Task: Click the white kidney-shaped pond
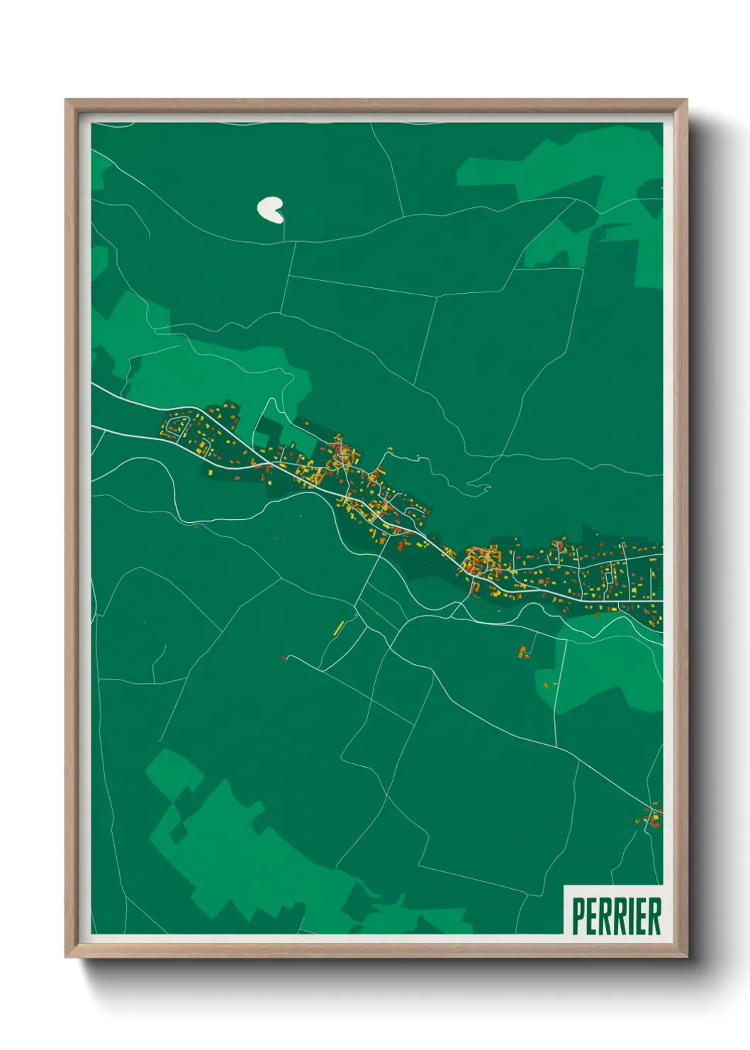point(269,209)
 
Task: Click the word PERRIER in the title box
point(615,917)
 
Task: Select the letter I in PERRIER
point(629,917)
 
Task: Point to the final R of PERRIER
point(654,917)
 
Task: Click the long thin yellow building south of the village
point(339,627)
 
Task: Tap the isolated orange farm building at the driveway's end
point(525,652)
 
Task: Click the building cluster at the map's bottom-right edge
point(653,817)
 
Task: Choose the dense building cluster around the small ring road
point(476,562)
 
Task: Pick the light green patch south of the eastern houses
point(603,667)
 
